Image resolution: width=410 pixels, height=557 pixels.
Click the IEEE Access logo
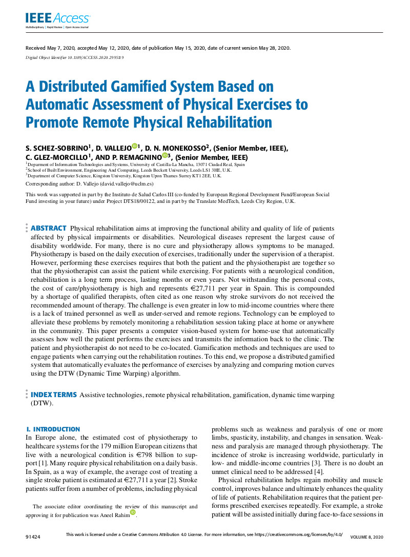(x=56, y=19)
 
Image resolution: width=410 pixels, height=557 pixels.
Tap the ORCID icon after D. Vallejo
(x=134, y=147)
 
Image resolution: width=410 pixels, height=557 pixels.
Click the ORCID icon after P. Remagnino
(x=165, y=156)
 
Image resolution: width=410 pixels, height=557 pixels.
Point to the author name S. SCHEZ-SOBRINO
(x=57, y=149)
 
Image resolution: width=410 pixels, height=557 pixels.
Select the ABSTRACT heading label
(x=49, y=228)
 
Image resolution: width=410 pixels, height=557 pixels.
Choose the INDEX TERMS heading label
(x=54, y=395)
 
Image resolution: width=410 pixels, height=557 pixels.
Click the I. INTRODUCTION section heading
(x=53, y=429)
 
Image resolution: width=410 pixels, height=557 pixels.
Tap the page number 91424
(x=33, y=537)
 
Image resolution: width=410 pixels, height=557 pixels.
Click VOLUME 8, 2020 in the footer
(x=366, y=537)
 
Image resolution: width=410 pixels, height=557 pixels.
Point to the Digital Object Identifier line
(x=74, y=57)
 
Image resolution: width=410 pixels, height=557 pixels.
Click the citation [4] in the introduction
(x=318, y=471)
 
